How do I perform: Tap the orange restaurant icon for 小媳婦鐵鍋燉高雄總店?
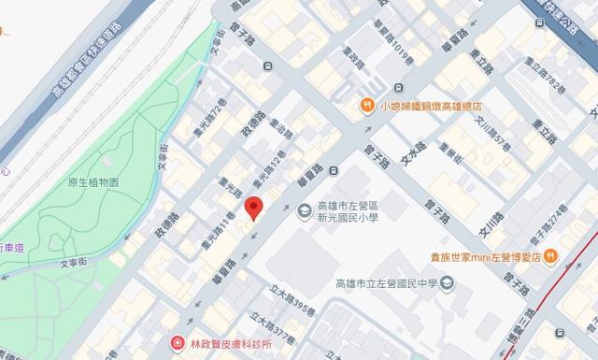click(x=368, y=106)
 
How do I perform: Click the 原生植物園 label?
click(x=94, y=182)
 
